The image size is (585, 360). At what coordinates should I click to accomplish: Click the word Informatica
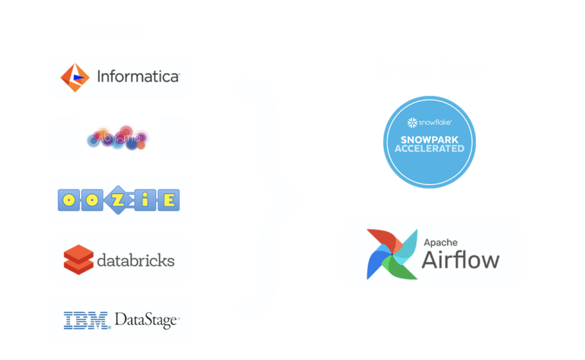pos(138,77)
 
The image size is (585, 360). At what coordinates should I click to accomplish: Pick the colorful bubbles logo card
pos(120,139)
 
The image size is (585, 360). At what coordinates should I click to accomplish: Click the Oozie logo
pos(120,199)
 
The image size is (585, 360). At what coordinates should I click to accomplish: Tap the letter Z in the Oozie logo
pos(120,199)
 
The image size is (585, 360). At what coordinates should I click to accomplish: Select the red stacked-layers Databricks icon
pos(78,260)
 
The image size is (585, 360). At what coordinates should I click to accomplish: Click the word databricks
pos(136,260)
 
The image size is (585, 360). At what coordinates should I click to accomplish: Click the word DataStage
pos(147,320)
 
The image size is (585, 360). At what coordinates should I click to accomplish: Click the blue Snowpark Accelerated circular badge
pos(429,142)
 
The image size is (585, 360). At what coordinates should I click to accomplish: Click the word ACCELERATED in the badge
pos(429,149)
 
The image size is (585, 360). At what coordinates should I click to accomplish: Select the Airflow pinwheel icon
pos(389,254)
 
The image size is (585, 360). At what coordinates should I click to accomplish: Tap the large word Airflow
pos(461,260)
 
